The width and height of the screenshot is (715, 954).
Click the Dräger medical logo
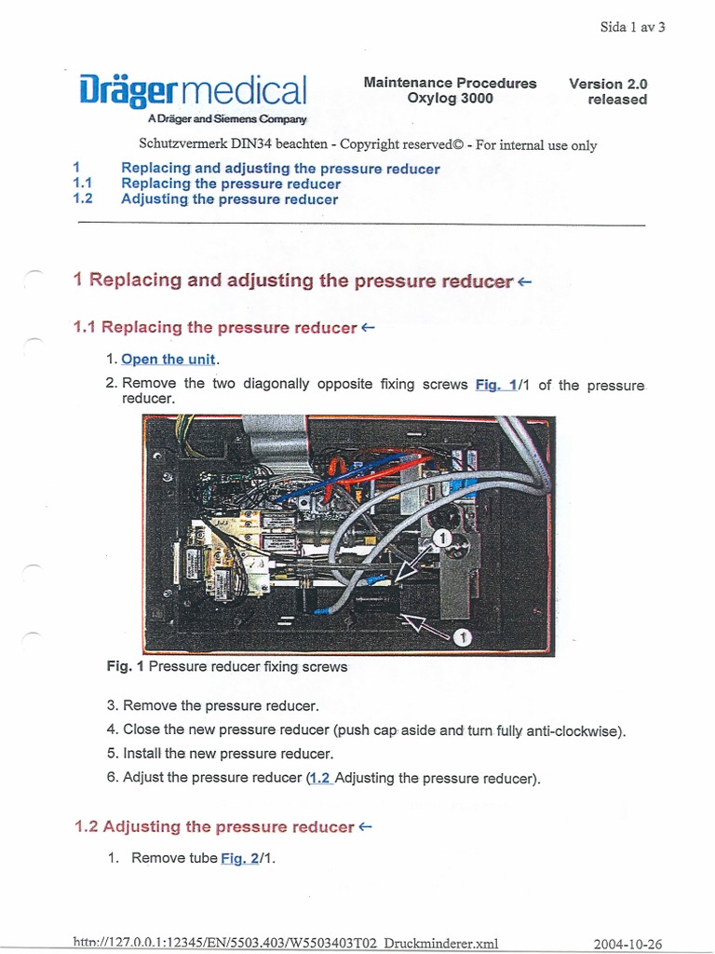point(193,91)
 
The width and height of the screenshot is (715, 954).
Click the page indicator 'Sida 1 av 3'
point(632,27)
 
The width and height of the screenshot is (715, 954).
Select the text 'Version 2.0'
point(608,84)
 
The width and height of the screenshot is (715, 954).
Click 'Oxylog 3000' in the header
point(450,99)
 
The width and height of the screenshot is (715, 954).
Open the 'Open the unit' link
point(168,360)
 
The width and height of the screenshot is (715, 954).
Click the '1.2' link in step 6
point(320,778)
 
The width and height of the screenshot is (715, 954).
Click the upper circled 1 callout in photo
point(443,538)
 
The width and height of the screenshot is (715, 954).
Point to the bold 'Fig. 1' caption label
point(126,667)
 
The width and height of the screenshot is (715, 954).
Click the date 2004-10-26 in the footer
point(627,944)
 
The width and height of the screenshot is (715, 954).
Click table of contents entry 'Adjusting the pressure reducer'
point(229,199)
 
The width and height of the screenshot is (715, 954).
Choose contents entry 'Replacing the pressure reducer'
point(231,184)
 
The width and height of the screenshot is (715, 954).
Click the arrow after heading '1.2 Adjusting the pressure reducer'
point(366,826)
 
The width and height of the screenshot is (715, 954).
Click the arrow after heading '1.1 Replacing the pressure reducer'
point(369,327)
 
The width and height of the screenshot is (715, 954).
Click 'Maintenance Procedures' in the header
point(450,83)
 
